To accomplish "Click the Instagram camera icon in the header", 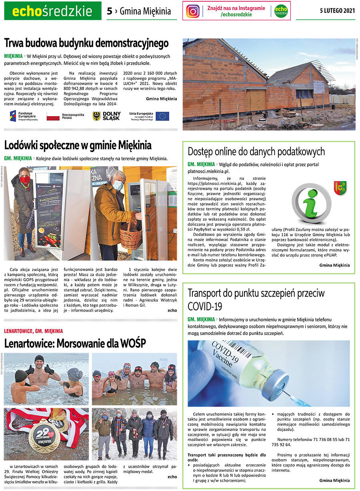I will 193,11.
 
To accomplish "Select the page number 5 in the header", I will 109,11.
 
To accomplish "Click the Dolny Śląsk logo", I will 106,116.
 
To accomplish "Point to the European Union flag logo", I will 162,116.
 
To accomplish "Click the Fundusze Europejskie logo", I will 24,116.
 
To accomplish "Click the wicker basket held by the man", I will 130,236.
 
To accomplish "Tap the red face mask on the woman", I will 25,180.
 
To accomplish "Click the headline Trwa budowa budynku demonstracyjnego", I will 86,43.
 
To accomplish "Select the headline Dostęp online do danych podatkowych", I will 256,152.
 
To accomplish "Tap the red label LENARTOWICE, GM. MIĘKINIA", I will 34,331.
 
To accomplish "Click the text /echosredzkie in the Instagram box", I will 236,14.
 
